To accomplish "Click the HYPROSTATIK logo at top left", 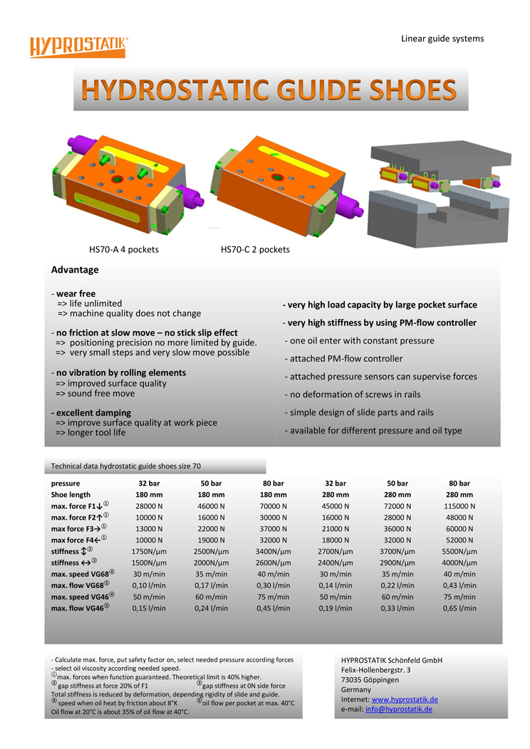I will (78, 46).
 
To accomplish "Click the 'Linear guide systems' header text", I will (442, 38).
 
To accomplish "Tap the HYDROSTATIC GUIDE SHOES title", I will (269, 90).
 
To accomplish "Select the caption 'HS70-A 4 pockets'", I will (124, 250).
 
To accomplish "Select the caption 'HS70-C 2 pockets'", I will (255, 250).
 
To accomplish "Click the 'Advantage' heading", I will (75, 270).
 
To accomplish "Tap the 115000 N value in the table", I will (459, 506).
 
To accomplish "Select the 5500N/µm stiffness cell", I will (459, 552).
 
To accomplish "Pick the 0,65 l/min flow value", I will (459, 609).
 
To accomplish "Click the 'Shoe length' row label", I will (71, 495).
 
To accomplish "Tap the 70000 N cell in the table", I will (273, 506).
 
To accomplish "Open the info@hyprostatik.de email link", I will (399, 709).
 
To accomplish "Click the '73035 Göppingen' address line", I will (370, 679).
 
